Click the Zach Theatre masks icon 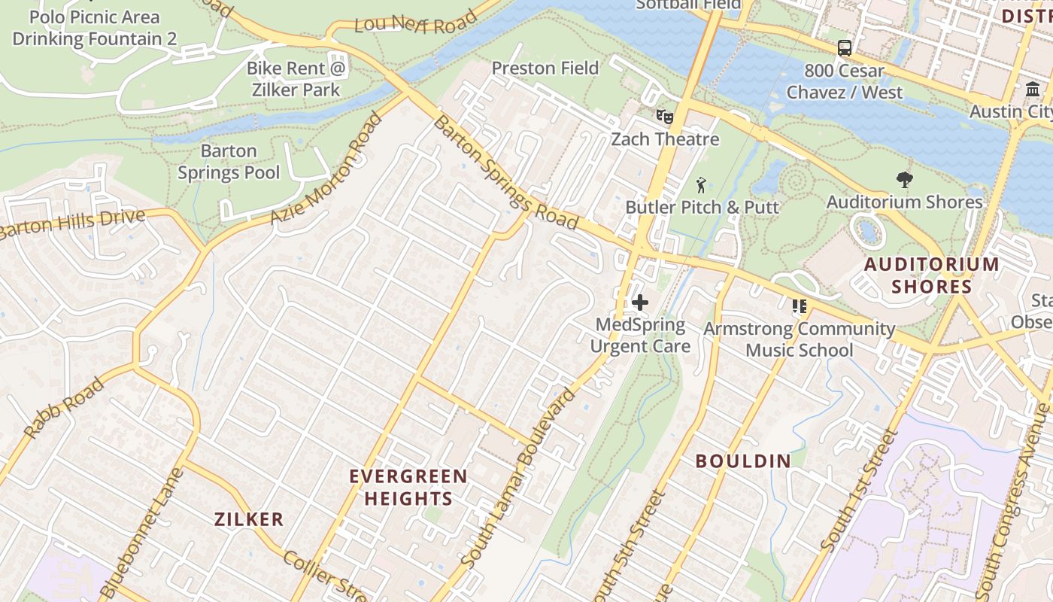click(x=664, y=117)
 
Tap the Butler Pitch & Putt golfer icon click(x=701, y=184)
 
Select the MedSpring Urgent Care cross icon click(x=640, y=303)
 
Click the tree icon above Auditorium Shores click(x=905, y=180)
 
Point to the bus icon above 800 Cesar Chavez click(x=845, y=48)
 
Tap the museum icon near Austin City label click(x=1033, y=90)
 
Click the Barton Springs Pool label click(x=229, y=162)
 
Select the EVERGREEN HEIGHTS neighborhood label click(x=408, y=487)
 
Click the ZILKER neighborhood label click(x=249, y=518)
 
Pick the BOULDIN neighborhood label click(x=743, y=461)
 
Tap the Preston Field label click(x=545, y=68)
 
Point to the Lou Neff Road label click(x=416, y=23)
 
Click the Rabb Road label click(x=64, y=409)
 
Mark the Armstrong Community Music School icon click(x=799, y=306)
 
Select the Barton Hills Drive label click(x=71, y=224)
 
